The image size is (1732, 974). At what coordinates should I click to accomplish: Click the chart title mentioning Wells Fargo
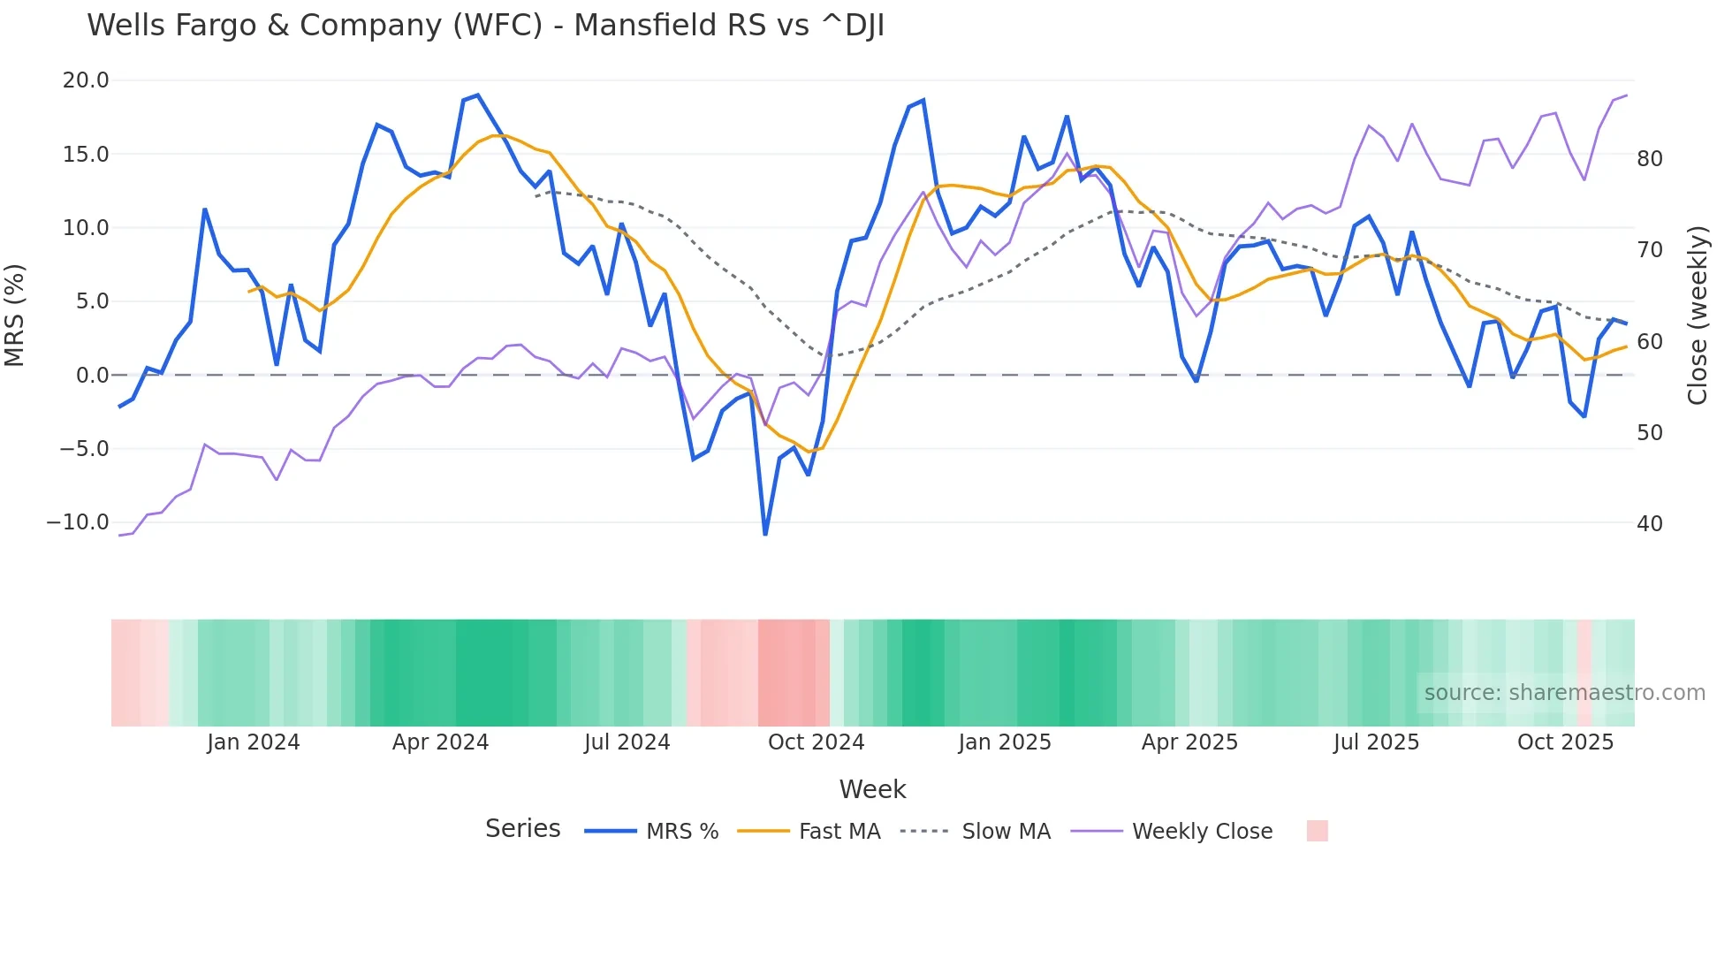coord(485,26)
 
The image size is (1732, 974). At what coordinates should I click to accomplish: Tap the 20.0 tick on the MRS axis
coord(86,80)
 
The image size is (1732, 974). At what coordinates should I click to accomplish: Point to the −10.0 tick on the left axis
coord(78,522)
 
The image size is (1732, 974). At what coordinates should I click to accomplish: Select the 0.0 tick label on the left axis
coord(93,376)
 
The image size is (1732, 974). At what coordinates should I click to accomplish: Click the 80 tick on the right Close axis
coord(1649,159)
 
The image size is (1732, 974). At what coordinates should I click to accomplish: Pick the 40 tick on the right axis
coord(1649,524)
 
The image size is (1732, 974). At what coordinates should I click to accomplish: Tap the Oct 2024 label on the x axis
coord(816,742)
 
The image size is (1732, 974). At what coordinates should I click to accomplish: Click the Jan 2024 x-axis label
coord(254,742)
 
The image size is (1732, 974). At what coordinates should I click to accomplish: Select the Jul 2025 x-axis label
coord(1376,742)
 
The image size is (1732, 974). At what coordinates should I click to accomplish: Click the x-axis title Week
coord(872,789)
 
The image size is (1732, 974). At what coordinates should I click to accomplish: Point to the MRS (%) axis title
coord(15,315)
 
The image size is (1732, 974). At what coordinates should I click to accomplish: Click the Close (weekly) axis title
coord(1698,316)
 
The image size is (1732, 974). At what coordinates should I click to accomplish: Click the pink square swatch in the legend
coord(1317,831)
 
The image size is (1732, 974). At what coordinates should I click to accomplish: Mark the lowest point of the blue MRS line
coord(765,534)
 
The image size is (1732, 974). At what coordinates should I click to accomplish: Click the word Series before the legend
coord(522,829)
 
